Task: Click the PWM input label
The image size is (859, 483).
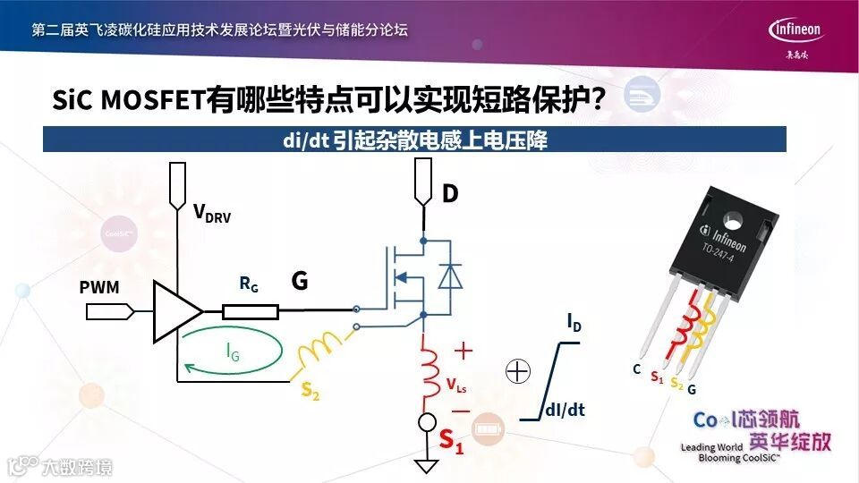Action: (x=98, y=288)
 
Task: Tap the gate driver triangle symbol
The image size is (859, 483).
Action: (x=176, y=311)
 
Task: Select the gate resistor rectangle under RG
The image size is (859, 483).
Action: (x=251, y=311)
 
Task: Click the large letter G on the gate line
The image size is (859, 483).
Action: (x=300, y=282)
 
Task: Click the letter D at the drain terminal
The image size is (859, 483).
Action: (x=451, y=192)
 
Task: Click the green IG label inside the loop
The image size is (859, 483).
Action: (x=233, y=354)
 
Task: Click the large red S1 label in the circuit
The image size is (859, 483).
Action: (x=451, y=441)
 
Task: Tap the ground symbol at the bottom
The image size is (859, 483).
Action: (x=426, y=465)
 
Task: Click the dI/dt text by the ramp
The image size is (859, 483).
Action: (x=566, y=411)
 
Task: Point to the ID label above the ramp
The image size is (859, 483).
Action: (x=574, y=322)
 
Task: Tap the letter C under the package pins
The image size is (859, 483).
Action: (x=635, y=369)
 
